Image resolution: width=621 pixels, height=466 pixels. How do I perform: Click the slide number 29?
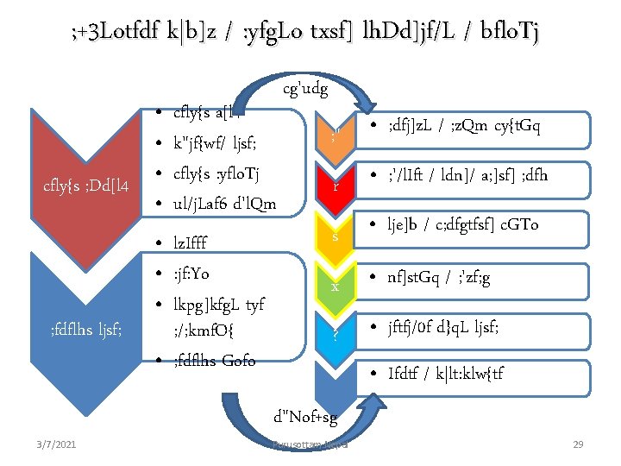(x=579, y=444)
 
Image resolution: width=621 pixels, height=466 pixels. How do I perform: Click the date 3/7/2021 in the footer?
(x=57, y=444)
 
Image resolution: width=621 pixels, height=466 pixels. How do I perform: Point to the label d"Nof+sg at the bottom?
(x=304, y=419)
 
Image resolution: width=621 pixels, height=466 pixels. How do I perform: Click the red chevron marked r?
(x=335, y=184)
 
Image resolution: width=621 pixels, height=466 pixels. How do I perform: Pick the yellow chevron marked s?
(x=335, y=236)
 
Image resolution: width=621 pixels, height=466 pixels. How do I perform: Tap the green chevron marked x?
(x=335, y=286)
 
